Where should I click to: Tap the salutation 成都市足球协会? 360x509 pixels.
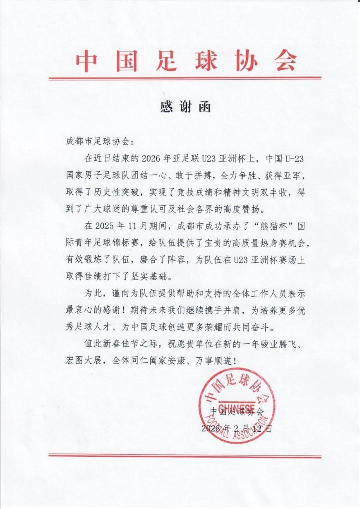(98, 142)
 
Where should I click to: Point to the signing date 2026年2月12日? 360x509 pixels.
(236, 429)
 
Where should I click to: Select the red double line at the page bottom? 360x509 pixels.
(185, 456)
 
